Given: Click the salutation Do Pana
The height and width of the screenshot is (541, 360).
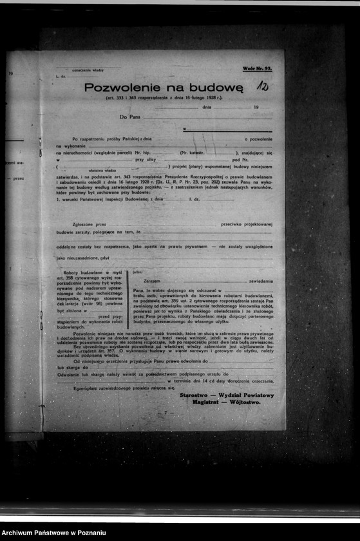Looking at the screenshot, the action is click(x=129, y=117).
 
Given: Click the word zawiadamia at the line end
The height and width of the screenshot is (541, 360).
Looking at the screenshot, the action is click(x=260, y=281).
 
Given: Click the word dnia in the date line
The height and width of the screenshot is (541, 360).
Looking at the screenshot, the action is click(x=206, y=107).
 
